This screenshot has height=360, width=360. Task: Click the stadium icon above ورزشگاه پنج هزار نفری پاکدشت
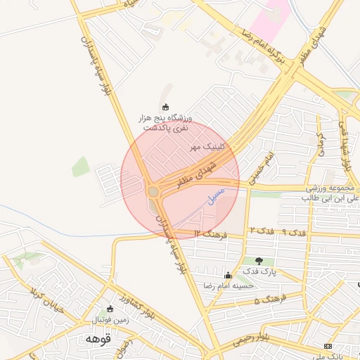point(166,107)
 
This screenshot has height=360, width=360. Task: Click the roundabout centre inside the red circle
point(153,191)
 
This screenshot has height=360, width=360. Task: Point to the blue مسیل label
point(217,196)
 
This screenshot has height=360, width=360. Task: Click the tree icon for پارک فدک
point(259,261)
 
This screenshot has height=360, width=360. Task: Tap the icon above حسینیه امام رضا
point(227,275)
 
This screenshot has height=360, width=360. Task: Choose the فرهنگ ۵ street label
point(267,300)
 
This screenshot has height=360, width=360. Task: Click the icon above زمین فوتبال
point(109,309)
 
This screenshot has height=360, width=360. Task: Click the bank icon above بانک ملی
point(328,346)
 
